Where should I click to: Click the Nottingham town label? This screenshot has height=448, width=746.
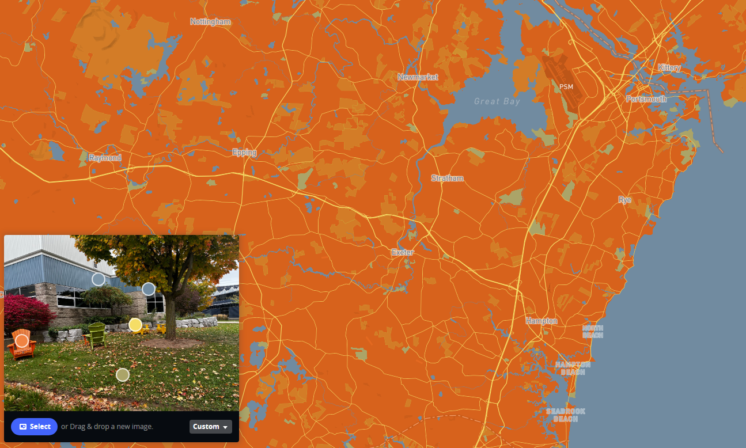[x=210, y=22]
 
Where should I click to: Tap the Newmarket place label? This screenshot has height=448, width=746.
[x=418, y=77]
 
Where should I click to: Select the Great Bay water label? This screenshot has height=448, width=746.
[x=497, y=101]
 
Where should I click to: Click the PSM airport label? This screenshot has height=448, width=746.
[x=566, y=86]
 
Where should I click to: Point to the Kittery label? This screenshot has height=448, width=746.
[x=669, y=67]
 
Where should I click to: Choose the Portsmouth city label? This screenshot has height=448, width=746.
[x=646, y=99]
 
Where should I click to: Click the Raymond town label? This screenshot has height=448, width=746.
[x=105, y=158]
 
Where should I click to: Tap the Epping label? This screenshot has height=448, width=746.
[x=244, y=153]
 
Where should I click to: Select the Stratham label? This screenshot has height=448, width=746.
[x=447, y=179]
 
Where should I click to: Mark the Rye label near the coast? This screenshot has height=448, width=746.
[x=624, y=200]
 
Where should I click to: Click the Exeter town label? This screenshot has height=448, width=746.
[x=403, y=252]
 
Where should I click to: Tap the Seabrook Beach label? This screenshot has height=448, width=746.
[x=566, y=415]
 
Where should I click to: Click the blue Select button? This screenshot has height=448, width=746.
[x=34, y=427]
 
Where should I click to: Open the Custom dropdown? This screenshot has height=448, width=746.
[x=210, y=427]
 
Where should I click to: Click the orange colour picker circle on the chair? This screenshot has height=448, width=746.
[x=22, y=341]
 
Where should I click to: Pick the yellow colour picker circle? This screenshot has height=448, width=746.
[x=135, y=325]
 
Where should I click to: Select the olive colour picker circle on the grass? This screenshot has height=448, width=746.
[x=122, y=375]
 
